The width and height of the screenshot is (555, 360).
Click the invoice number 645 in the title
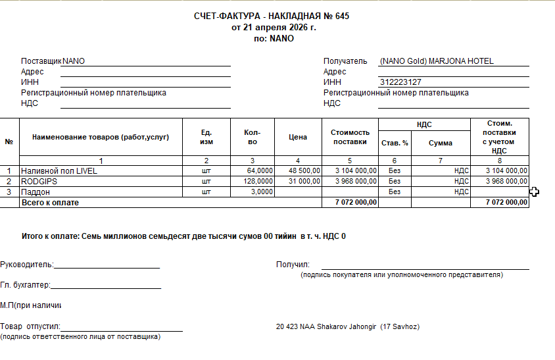tap(342, 16)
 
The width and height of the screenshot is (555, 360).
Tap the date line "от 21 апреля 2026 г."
tap(274, 27)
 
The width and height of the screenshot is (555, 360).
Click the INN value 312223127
tap(400, 82)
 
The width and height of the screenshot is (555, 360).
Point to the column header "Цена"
tap(298, 137)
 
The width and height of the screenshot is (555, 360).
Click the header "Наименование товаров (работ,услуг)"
tap(101, 137)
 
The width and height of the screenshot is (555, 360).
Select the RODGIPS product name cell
tap(41, 181)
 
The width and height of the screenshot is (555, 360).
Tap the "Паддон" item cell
tap(36, 192)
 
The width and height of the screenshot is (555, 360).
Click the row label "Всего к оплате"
tap(50, 203)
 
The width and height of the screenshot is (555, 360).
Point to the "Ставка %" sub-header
tap(395, 143)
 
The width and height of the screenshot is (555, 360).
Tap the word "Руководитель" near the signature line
tap(26, 265)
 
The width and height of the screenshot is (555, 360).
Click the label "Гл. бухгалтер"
tap(25, 285)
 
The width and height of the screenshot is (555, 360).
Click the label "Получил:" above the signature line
tap(288, 265)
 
